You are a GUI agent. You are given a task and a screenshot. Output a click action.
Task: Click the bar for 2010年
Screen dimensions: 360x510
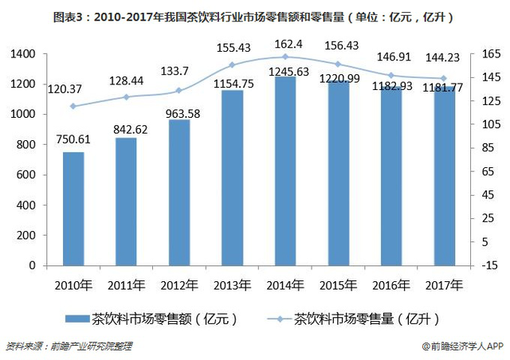tap(73, 209)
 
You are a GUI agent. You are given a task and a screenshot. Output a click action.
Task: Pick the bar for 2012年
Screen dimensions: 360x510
tap(179, 192)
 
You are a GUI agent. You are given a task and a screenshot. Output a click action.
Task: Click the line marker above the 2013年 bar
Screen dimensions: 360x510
tap(232, 65)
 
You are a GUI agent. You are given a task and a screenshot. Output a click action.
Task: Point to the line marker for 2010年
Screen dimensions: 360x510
tap(73, 106)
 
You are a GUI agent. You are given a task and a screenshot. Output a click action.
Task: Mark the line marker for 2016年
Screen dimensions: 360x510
tap(391, 75)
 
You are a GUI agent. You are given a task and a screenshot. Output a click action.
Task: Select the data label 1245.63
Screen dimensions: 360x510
tap(285, 71)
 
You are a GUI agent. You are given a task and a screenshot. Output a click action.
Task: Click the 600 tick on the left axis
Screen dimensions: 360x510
tap(29, 174)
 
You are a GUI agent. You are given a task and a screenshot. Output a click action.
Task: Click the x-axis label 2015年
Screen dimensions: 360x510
tap(338, 284)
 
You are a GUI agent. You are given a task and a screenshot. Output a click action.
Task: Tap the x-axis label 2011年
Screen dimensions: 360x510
tap(126, 284)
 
